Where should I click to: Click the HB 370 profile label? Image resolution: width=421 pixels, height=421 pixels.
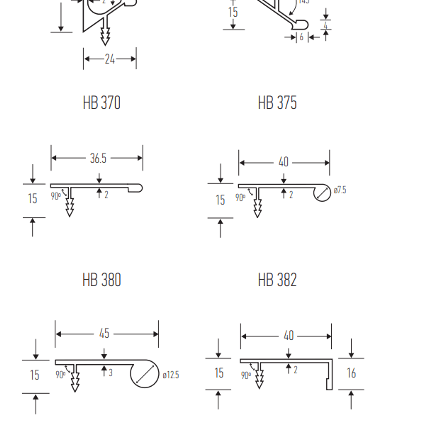click(101, 102)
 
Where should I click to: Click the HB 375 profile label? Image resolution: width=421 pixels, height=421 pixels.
click(277, 102)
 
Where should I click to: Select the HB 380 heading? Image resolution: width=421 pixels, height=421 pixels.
click(101, 280)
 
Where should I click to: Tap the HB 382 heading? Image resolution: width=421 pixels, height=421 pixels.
click(277, 280)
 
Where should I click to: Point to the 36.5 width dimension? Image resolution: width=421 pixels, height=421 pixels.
click(98, 158)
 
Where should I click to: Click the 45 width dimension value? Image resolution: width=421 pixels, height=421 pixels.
click(104, 334)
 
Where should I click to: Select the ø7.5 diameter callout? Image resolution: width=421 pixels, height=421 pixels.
click(340, 190)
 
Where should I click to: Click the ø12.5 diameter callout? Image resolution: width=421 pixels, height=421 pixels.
click(171, 375)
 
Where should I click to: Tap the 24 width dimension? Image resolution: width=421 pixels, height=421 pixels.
click(110, 59)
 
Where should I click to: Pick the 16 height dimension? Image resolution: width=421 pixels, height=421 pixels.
click(351, 373)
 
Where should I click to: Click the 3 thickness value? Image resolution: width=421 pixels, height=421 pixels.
click(111, 373)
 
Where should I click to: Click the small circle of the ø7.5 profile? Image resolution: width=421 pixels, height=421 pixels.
click(323, 193)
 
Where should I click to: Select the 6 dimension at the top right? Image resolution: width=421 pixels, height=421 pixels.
click(301, 37)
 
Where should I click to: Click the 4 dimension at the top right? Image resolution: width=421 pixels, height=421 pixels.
click(326, 25)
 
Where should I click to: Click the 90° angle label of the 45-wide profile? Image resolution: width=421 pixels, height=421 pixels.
click(60, 375)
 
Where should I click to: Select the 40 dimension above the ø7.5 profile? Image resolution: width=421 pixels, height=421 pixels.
click(283, 162)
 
